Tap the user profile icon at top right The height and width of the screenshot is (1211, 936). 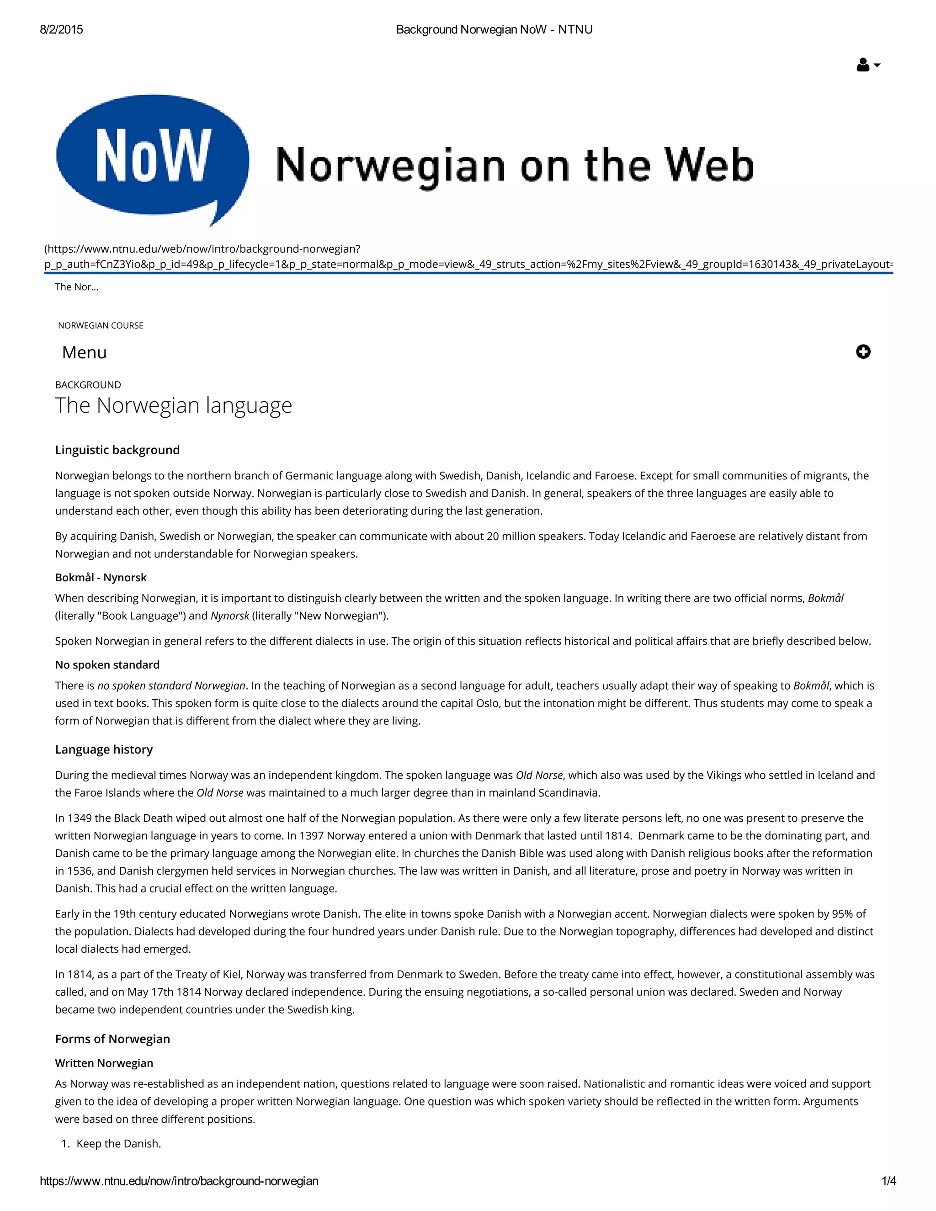[x=863, y=65]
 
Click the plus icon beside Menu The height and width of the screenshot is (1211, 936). [x=863, y=351]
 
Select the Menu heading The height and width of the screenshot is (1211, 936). [x=84, y=353]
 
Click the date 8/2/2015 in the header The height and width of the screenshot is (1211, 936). [x=62, y=29]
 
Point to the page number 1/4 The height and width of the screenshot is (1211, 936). [x=888, y=1180]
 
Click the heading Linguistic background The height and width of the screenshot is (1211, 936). [x=117, y=450]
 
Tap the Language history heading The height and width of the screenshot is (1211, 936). [x=104, y=749]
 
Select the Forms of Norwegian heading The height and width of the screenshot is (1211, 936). [x=112, y=1039]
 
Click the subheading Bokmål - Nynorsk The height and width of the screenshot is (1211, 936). [x=101, y=577]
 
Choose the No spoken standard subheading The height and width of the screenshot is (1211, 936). [x=107, y=664]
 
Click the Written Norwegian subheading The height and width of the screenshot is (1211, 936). [x=104, y=1063]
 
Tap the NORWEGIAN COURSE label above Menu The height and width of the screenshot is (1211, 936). [x=101, y=325]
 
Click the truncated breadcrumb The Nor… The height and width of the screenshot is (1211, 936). [x=76, y=287]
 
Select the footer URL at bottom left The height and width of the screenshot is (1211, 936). [x=179, y=1180]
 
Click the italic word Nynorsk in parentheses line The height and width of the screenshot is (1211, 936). [x=229, y=616]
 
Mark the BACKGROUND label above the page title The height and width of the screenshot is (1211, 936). [x=88, y=385]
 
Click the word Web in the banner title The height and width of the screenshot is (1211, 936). [x=709, y=165]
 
